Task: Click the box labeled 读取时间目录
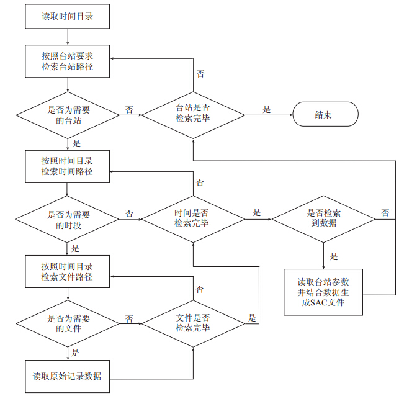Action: click(67, 16)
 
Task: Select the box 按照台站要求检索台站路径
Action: click(67, 61)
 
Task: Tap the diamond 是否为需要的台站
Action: click(67, 115)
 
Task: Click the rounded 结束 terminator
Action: click(325, 115)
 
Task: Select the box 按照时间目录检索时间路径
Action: click(67, 166)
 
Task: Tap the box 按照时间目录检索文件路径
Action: click(67, 271)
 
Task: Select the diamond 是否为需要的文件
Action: click(67, 323)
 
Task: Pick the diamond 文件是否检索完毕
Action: click(192, 323)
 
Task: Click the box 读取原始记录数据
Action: click(67, 376)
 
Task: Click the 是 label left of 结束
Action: click(267, 109)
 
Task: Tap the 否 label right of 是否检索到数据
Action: click(385, 213)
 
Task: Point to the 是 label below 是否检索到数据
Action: click(334, 256)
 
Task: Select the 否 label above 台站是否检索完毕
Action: click(200, 74)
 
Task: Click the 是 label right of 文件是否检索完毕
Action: click(253, 317)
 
